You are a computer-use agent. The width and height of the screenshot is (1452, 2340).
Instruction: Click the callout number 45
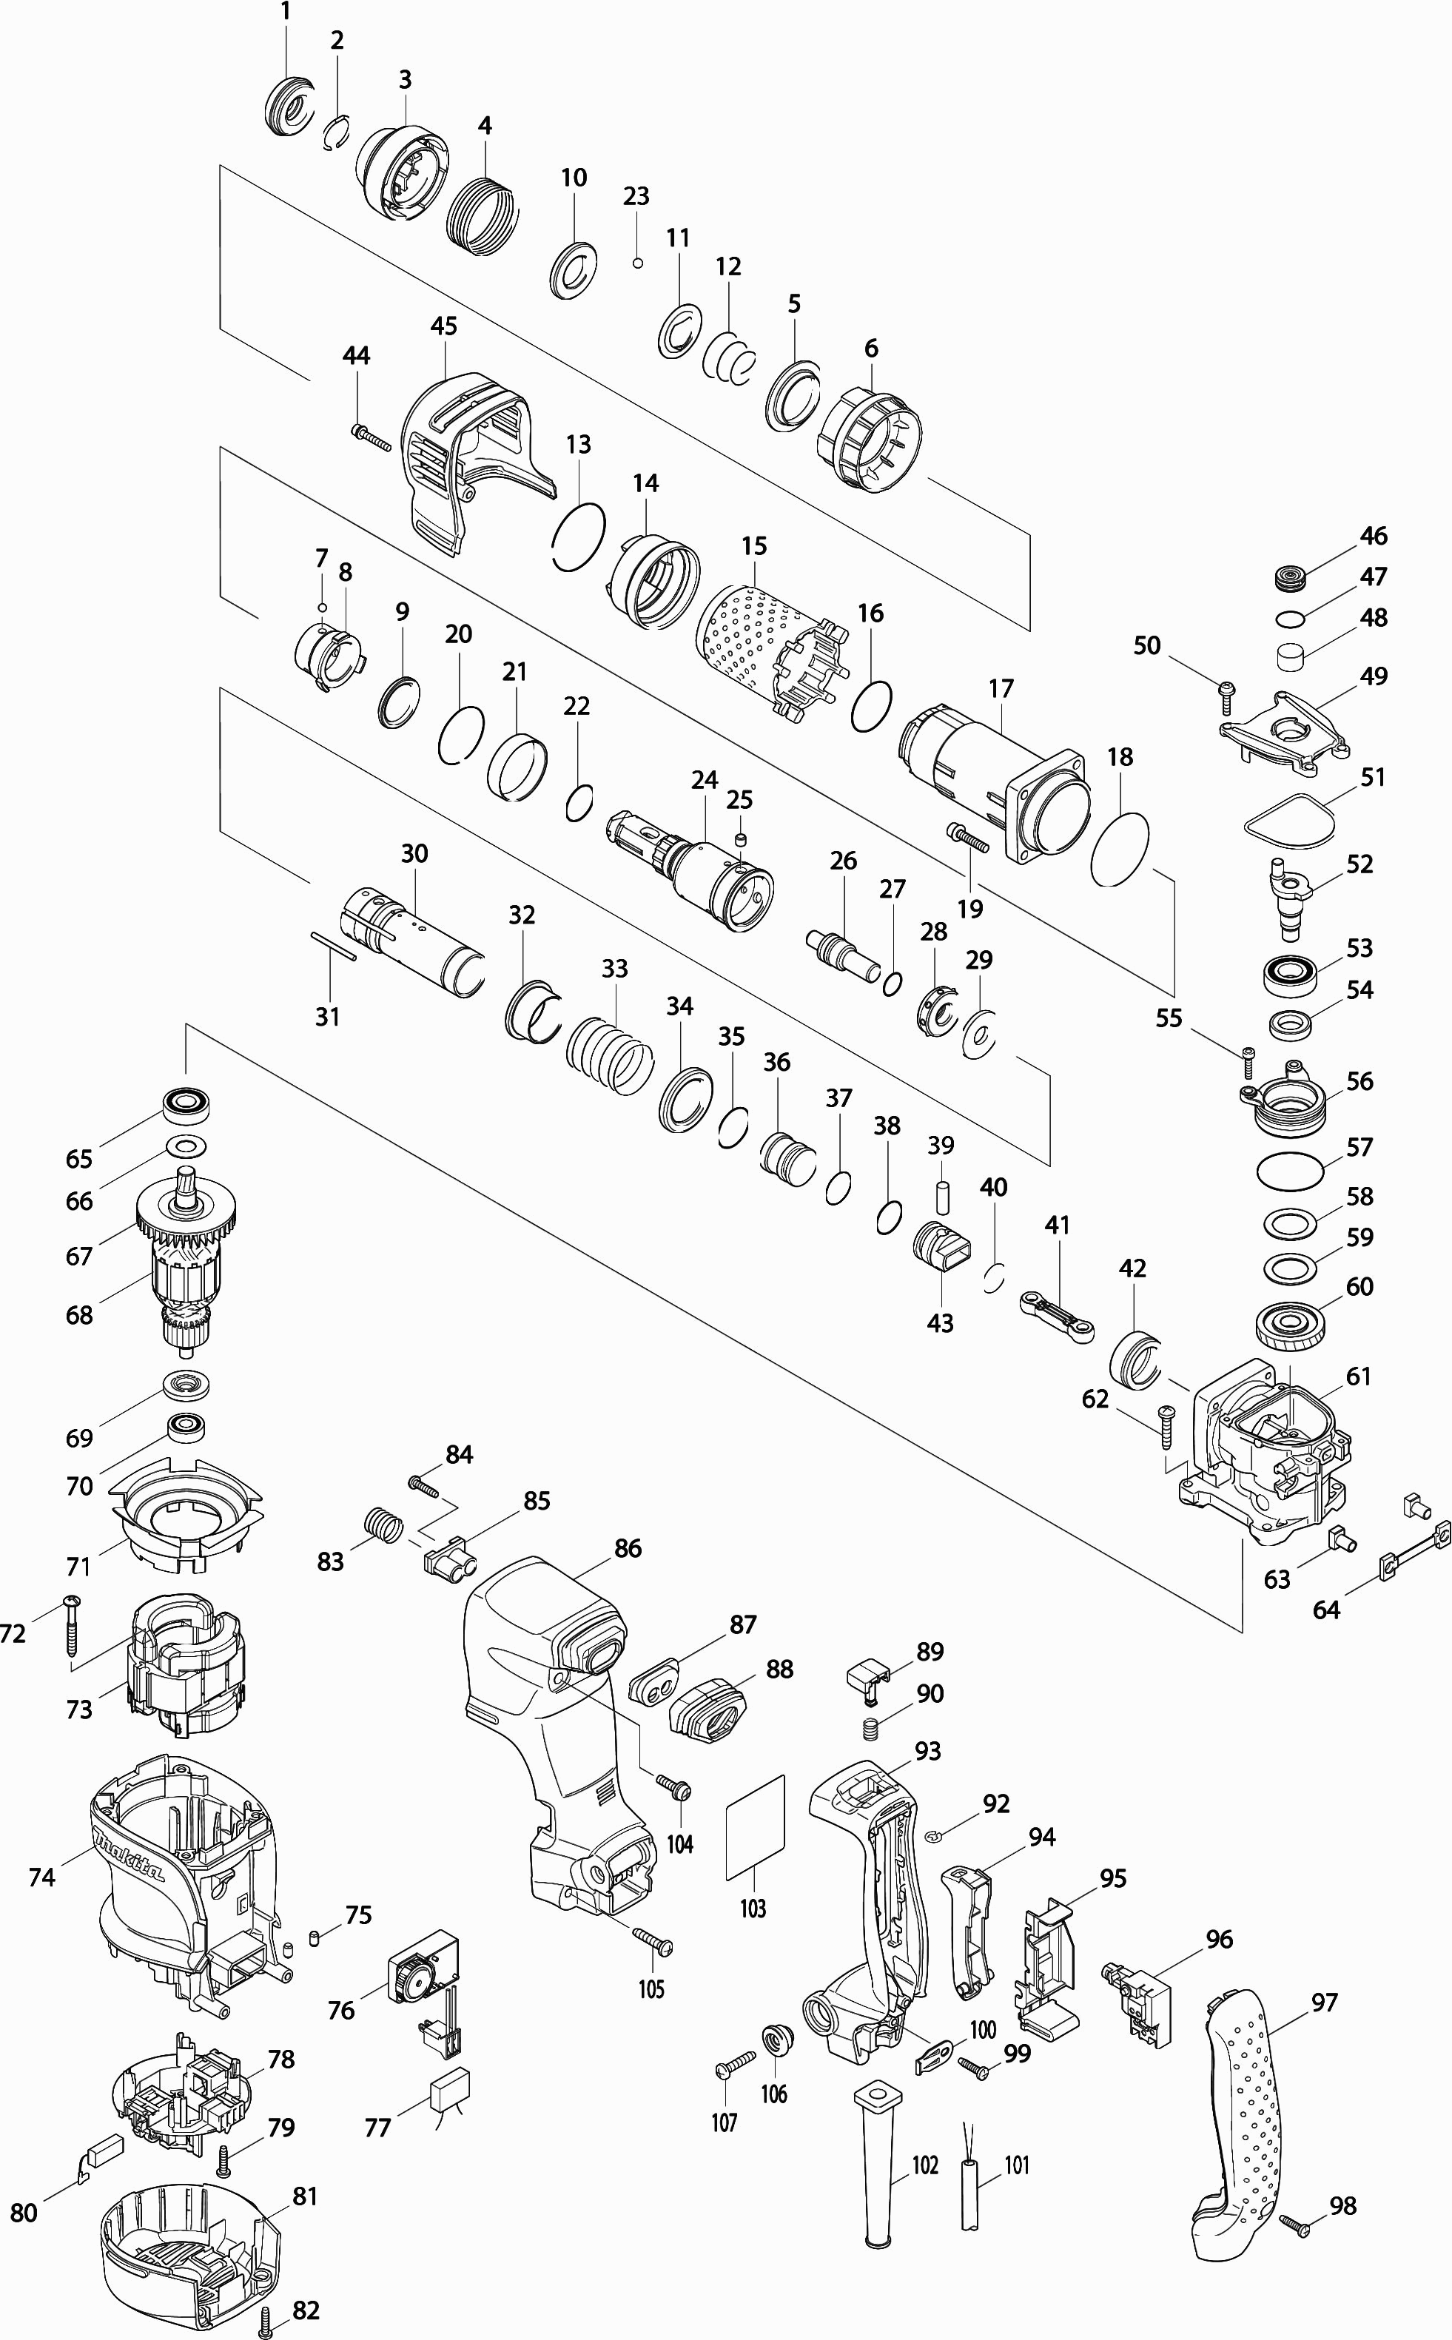point(444,326)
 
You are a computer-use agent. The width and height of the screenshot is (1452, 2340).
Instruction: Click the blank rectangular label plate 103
point(755,1826)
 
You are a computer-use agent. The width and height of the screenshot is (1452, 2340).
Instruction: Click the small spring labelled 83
point(382,1524)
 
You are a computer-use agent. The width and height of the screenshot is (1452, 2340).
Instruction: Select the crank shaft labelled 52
point(1288,897)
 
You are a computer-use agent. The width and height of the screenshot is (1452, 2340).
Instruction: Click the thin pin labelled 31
point(333,944)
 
